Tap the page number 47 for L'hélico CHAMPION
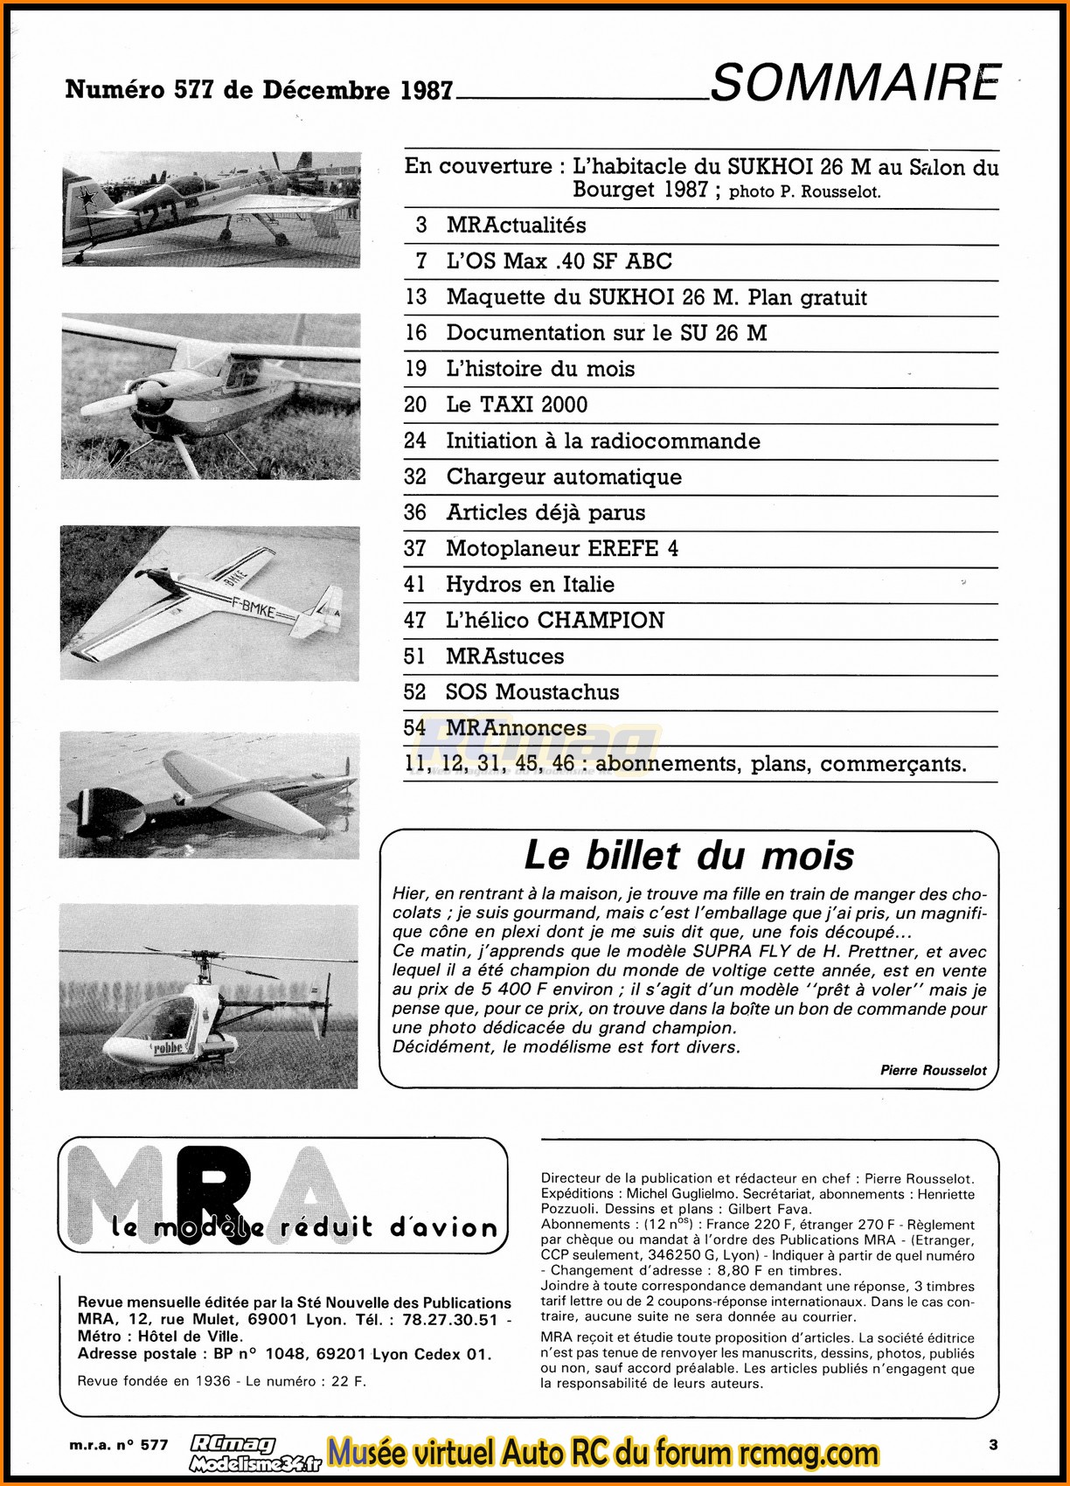tap(415, 621)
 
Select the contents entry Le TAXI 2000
tap(517, 405)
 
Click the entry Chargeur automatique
tap(564, 477)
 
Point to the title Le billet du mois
tap(689, 856)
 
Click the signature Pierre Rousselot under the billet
tap(934, 1070)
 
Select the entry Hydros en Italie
tap(530, 585)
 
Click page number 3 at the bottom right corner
tap(993, 1445)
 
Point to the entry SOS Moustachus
tap(532, 692)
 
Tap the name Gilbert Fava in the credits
tap(769, 1210)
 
